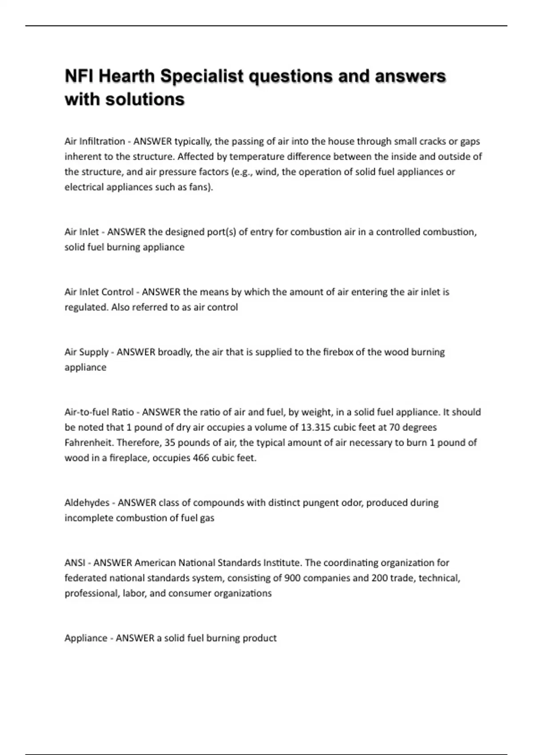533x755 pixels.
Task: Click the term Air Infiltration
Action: coord(95,141)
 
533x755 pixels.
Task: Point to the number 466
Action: coord(201,457)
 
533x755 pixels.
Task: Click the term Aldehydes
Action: coord(87,502)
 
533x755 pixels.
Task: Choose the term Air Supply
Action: coord(87,352)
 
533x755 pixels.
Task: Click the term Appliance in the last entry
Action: coord(85,638)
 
